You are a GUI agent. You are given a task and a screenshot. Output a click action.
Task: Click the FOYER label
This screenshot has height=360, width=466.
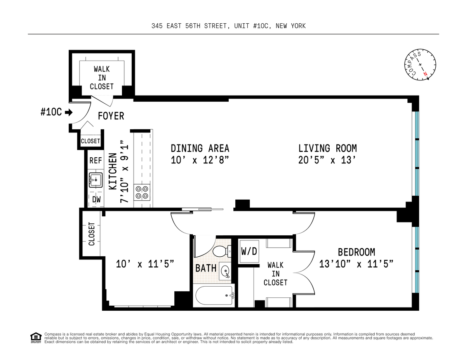(111, 116)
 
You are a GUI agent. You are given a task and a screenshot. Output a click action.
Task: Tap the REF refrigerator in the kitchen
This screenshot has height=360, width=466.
(96, 160)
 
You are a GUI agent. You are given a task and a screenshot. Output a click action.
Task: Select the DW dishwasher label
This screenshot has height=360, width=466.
(96, 199)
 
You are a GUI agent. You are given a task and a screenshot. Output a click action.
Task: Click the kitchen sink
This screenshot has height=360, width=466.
(96, 180)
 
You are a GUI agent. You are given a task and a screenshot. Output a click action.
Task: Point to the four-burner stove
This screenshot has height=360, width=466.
(142, 193)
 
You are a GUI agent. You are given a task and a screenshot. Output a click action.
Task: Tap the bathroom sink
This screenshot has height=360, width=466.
(225, 271)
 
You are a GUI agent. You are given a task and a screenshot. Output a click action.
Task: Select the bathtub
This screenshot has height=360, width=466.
(214, 295)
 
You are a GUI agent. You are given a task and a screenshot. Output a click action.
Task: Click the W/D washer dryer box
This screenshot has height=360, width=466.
(249, 251)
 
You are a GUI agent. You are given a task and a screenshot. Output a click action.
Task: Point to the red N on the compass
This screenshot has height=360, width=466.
(426, 74)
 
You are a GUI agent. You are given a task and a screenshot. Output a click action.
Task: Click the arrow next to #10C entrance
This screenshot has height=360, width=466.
(69, 112)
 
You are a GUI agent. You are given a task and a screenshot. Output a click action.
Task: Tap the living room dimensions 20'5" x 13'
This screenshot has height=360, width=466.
(327, 160)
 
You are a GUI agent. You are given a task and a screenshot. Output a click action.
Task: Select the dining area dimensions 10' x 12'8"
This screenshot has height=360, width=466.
(200, 160)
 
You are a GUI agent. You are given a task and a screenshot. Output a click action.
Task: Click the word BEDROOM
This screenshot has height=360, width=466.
(356, 252)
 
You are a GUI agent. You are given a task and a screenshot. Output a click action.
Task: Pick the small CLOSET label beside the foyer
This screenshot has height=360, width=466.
(90, 141)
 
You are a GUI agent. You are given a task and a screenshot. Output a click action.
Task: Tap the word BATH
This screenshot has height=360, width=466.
(206, 268)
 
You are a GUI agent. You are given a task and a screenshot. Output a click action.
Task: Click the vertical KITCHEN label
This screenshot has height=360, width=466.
(113, 171)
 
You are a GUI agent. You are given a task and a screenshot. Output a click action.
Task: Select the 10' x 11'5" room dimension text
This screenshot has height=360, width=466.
(145, 264)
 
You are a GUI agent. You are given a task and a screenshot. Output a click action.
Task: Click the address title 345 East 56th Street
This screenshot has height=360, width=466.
(189, 26)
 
